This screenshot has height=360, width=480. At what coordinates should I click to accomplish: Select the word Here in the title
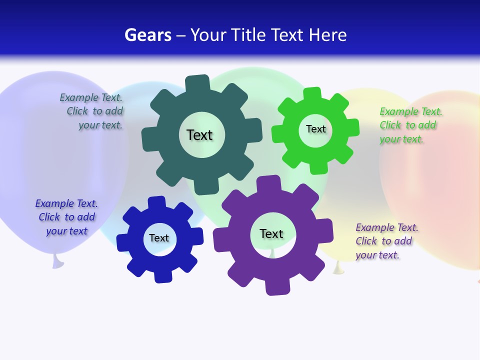point(327,35)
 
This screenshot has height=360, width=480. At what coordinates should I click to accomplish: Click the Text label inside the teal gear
point(199,135)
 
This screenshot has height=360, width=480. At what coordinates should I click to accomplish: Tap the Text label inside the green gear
point(315,129)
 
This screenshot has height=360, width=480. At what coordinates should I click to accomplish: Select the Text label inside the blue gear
point(159,238)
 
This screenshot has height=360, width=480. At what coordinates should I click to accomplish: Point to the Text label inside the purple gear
point(271,234)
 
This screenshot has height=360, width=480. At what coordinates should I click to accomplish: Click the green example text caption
point(410,125)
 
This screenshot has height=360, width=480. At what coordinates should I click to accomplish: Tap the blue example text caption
point(66,217)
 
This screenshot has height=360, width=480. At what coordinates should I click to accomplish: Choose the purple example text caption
point(386,241)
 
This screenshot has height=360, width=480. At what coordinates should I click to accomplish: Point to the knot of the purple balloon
point(57,260)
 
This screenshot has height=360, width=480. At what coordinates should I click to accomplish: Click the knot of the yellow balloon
point(339,268)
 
